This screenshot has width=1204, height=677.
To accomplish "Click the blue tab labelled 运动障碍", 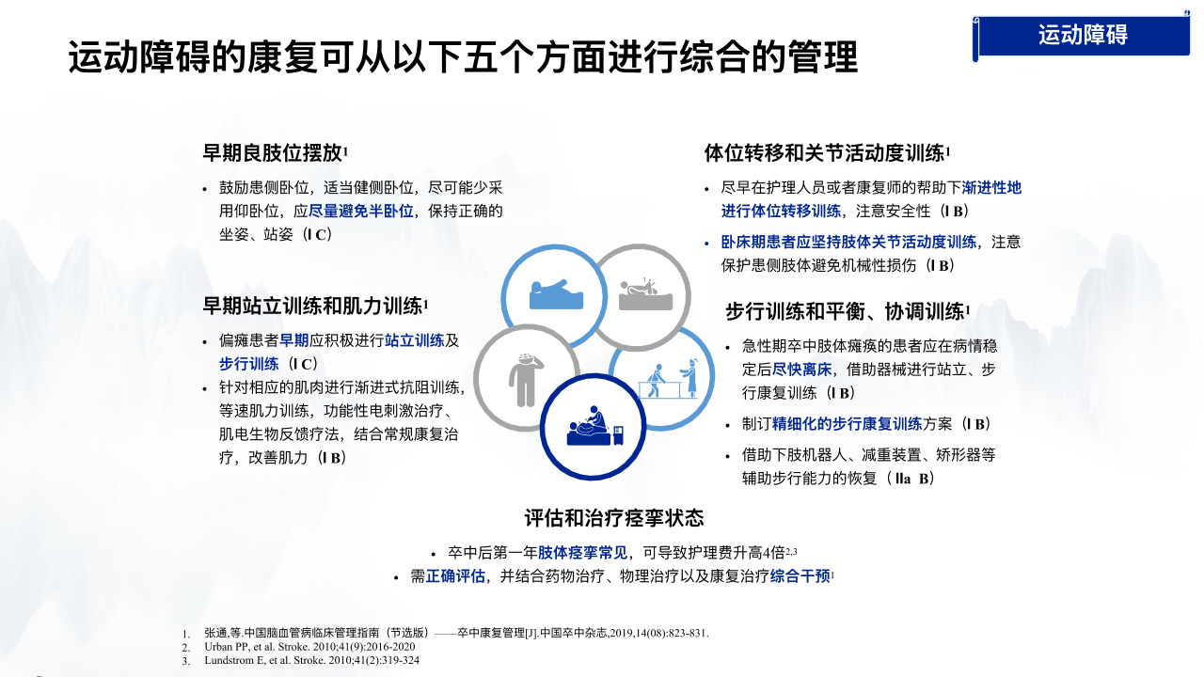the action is tap(1082, 36).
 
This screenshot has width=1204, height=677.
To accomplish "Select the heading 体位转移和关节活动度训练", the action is tap(827, 153).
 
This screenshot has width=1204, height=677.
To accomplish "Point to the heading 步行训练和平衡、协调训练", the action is tap(848, 311).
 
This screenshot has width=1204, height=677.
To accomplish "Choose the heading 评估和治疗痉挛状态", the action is tap(614, 518).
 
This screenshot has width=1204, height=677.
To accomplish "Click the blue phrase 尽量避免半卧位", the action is tap(360, 212).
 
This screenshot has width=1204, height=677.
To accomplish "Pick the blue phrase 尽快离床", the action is tap(802, 370).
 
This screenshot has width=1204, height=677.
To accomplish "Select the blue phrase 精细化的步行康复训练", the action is tap(848, 424).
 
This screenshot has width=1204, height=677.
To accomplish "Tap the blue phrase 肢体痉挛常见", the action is tap(582, 552).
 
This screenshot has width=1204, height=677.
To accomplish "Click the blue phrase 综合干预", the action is tap(800, 576).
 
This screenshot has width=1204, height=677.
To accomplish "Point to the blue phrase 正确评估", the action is tap(455, 576).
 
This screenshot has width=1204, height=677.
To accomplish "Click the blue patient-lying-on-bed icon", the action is tap(556, 294).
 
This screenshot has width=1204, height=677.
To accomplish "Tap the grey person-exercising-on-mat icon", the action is tap(645, 294).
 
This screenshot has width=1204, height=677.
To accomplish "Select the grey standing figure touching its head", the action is tap(525, 379).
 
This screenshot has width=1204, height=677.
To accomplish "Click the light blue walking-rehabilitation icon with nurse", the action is tap(668, 379).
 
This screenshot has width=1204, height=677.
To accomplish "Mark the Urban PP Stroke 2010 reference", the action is tap(309, 647).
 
